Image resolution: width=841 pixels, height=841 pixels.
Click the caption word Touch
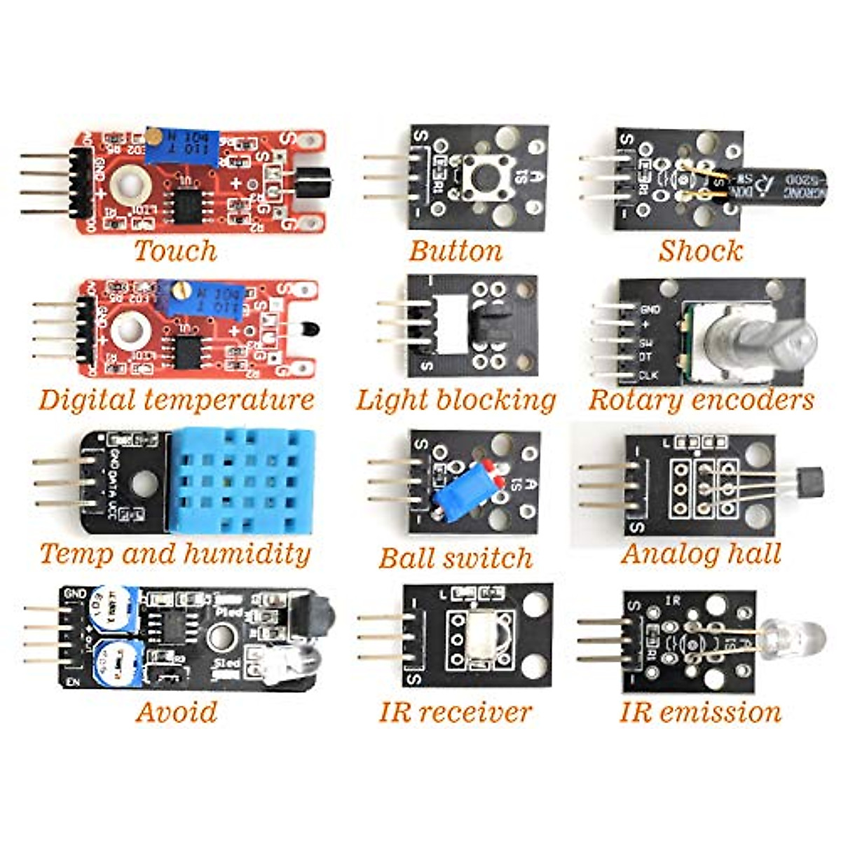(175, 251)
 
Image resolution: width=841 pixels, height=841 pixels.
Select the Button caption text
(456, 251)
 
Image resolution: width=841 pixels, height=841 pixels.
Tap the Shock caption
(700, 251)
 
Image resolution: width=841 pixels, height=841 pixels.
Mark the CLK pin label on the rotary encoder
(649, 376)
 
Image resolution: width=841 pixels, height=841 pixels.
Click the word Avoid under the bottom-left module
(177, 711)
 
